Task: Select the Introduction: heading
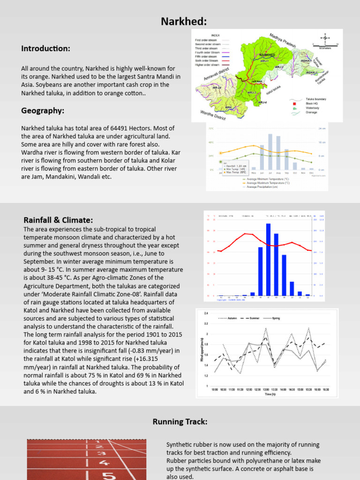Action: coord(45,49)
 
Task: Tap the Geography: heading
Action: coord(42,111)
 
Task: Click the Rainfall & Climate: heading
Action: coord(58,220)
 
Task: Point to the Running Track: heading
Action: coord(180,422)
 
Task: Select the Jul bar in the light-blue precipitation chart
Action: coord(270,151)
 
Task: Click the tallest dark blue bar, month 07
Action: coord(268,259)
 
